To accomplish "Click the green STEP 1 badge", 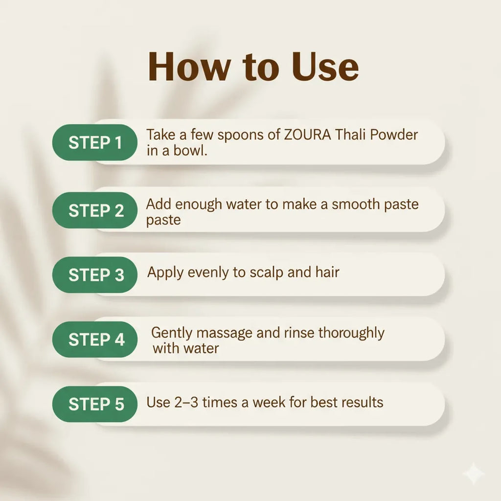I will (x=95, y=142).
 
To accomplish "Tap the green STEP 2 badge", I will (x=95, y=210).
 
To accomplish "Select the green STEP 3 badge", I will (x=95, y=275).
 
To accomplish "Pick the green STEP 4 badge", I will (x=95, y=340).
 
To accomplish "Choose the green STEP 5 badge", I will (x=95, y=404).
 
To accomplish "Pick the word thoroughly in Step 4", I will (x=351, y=333).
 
